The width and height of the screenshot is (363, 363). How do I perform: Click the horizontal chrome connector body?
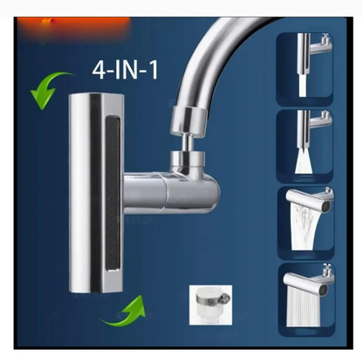click(x=175, y=192)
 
